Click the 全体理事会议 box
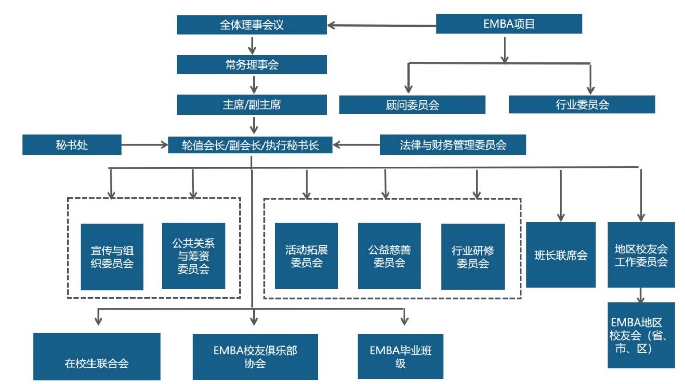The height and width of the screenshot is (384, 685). (252, 24)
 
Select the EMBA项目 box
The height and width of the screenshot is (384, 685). (508, 23)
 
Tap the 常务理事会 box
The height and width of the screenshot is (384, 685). (252, 65)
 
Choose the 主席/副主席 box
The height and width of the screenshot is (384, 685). (252, 104)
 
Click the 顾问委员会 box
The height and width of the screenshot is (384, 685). (412, 105)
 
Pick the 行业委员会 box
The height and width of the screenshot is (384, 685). (582, 104)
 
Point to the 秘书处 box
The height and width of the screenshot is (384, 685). (72, 145)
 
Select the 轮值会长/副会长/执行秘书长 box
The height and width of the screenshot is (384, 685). (250, 145)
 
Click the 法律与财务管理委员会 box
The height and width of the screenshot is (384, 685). (453, 145)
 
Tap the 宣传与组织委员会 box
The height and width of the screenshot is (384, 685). (112, 257)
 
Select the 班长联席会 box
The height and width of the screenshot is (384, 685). (560, 254)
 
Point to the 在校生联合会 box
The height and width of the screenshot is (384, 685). (97, 356)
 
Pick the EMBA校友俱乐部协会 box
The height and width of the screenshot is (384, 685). (254, 356)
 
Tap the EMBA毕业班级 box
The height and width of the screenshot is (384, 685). (400, 356)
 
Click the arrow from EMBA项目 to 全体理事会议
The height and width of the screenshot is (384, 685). (381, 24)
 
